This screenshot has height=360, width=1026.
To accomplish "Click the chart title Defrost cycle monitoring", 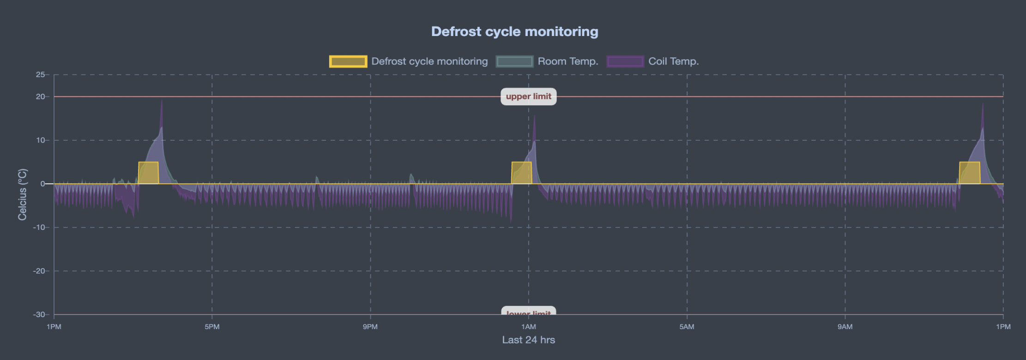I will (514, 31).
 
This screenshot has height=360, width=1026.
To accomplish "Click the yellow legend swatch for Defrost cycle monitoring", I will (348, 61).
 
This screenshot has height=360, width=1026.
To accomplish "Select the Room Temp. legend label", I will (567, 61).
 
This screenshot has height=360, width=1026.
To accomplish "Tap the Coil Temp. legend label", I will (673, 61).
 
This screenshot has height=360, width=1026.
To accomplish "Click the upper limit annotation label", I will (528, 96).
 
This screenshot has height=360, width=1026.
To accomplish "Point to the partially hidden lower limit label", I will (528, 312).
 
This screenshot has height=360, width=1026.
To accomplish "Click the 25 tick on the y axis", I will (41, 74).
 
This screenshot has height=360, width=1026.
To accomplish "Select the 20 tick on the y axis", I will (41, 96).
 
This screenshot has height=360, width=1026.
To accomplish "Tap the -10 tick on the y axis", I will (40, 228).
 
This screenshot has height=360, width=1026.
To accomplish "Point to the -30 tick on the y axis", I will (39, 315).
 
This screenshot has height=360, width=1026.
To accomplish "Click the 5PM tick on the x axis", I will (212, 327).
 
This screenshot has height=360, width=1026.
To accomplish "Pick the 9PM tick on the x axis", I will (370, 327).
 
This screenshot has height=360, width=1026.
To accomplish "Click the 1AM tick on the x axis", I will (528, 327).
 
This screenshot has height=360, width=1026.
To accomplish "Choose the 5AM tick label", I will (687, 327).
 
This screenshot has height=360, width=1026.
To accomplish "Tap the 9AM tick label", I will (845, 327).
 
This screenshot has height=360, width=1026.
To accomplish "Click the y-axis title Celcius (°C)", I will (22, 194).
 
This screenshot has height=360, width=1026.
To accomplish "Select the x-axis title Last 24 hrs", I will (528, 340).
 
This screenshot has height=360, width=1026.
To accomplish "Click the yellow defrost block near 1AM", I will (521, 173).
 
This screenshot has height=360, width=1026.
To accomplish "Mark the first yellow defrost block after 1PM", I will (148, 173).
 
